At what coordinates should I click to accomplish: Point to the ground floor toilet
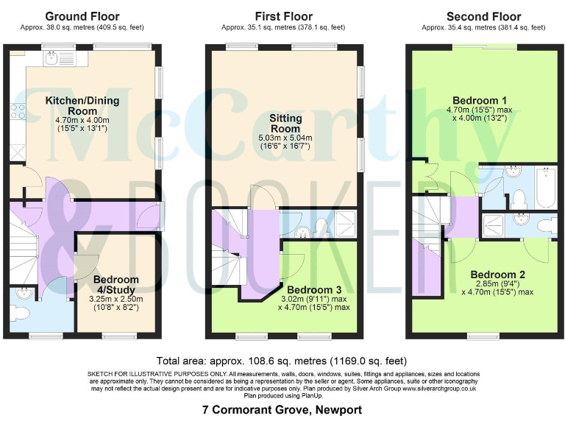pos(19,313)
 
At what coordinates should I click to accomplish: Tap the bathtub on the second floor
pos(547,187)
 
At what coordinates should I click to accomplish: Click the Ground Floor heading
pos(82,16)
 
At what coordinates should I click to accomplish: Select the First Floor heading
pos(283,16)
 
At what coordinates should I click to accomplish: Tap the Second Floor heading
pos(483,16)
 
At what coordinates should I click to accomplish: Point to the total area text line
pos(282,361)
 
